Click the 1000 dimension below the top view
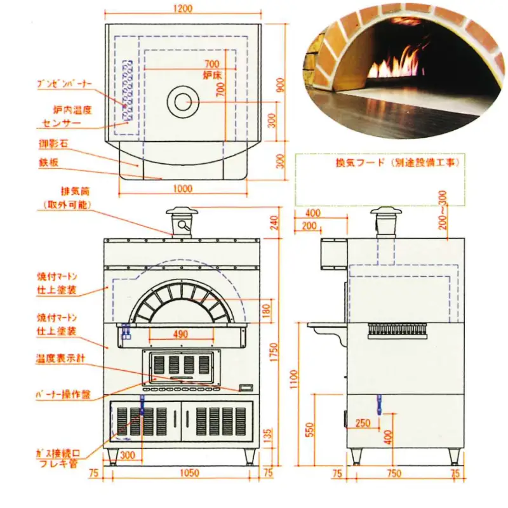click(x=183, y=189)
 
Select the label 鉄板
click(x=49, y=163)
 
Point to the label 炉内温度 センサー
click(x=66, y=116)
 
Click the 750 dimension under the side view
click(x=395, y=473)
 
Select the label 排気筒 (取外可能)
click(x=65, y=198)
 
